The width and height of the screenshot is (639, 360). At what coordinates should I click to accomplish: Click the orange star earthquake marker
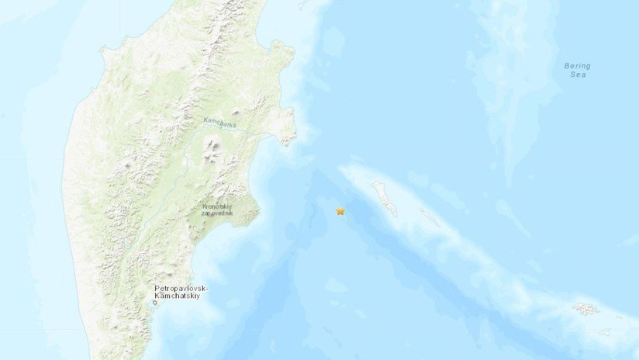click(x=340, y=211)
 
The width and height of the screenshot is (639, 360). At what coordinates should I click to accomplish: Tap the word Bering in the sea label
click(x=577, y=66)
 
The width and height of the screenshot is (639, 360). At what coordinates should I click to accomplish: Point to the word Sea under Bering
click(x=577, y=75)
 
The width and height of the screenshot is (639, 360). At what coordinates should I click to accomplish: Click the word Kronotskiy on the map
click(x=222, y=208)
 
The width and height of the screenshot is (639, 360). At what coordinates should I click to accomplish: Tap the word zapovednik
click(x=222, y=216)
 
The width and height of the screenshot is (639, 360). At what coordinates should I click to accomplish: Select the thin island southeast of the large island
click(x=430, y=217)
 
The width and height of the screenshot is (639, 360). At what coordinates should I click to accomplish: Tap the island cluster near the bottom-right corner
click(x=585, y=309)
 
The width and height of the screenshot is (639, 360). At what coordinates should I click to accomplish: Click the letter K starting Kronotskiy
click(x=205, y=208)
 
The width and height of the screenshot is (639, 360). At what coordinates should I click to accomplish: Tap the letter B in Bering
click(x=567, y=66)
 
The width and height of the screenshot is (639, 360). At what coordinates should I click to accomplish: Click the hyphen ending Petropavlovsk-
click(x=207, y=289)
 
